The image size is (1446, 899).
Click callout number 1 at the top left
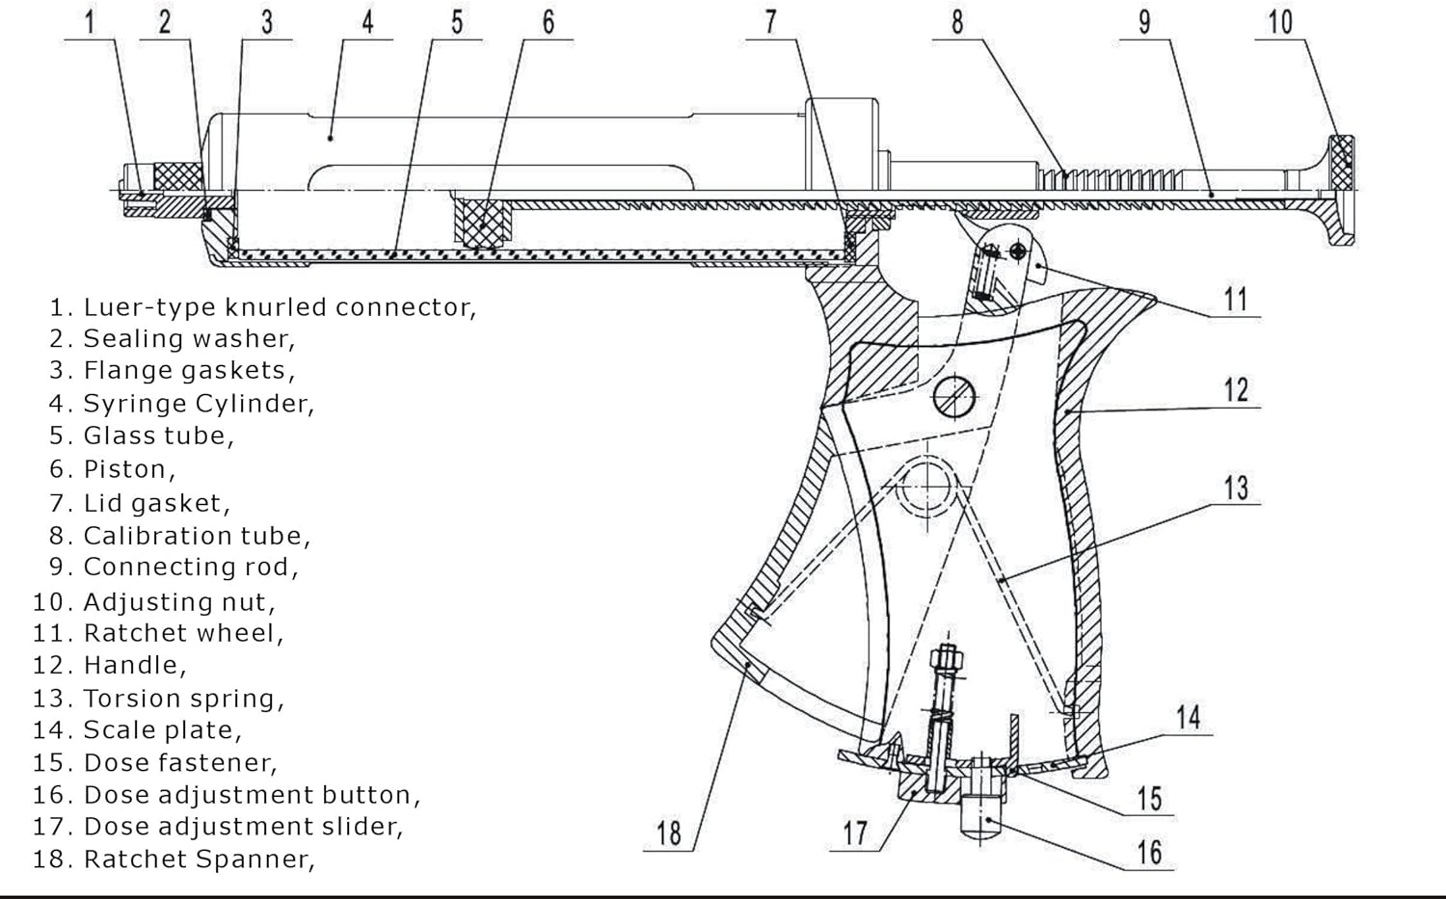pyautogui.click(x=90, y=21)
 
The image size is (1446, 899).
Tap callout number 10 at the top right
pyautogui.click(x=1280, y=21)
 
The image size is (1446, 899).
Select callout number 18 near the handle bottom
pyautogui.click(x=669, y=833)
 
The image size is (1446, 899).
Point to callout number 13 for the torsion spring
pyautogui.click(x=1236, y=488)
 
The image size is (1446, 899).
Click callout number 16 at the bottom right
pyautogui.click(x=1149, y=853)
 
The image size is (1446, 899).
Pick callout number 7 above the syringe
pyautogui.click(x=770, y=21)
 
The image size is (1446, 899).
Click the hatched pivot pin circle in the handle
pyautogui.click(x=955, y=396)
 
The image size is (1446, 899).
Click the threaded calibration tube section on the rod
pyautogui.click(x=1109, y=178)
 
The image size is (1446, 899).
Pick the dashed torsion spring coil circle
pyautogui.click(x=925, y=488)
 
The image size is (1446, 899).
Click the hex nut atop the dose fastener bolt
pyautogui.click(x=947, y=661)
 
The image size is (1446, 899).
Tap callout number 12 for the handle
pyautogui.click(x=1236, y=390)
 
